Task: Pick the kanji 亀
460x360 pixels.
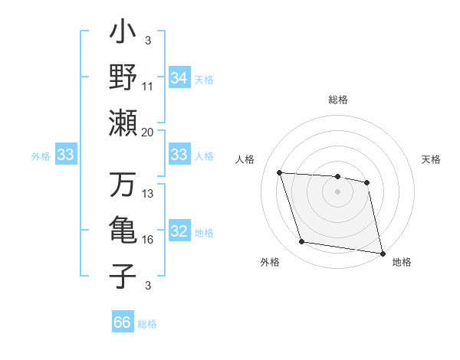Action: (x=123, y=230)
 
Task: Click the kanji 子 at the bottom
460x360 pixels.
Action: (x=123, y=273)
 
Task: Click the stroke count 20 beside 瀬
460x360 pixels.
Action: (x=148, y=132)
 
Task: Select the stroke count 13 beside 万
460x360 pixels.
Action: (x=148, y=194)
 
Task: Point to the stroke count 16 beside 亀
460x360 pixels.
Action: (x=148, y=240)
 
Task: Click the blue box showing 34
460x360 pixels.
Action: (x=179, y=78)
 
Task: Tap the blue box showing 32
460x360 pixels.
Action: (x=179, y=232)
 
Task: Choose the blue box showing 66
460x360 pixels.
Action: (x=123, y=322)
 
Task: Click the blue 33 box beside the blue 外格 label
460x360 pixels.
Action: (x=66, y=155)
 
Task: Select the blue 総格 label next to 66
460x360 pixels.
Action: (x=147, y=324)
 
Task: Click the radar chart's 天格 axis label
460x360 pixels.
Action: (x=431, y=159)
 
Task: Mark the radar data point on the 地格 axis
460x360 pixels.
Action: (x=382, y=252)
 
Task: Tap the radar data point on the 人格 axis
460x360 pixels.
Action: (x=279, y=172)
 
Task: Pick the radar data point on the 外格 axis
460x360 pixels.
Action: (x=302, y=242)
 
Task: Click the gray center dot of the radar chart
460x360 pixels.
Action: (x=338, y=191)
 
